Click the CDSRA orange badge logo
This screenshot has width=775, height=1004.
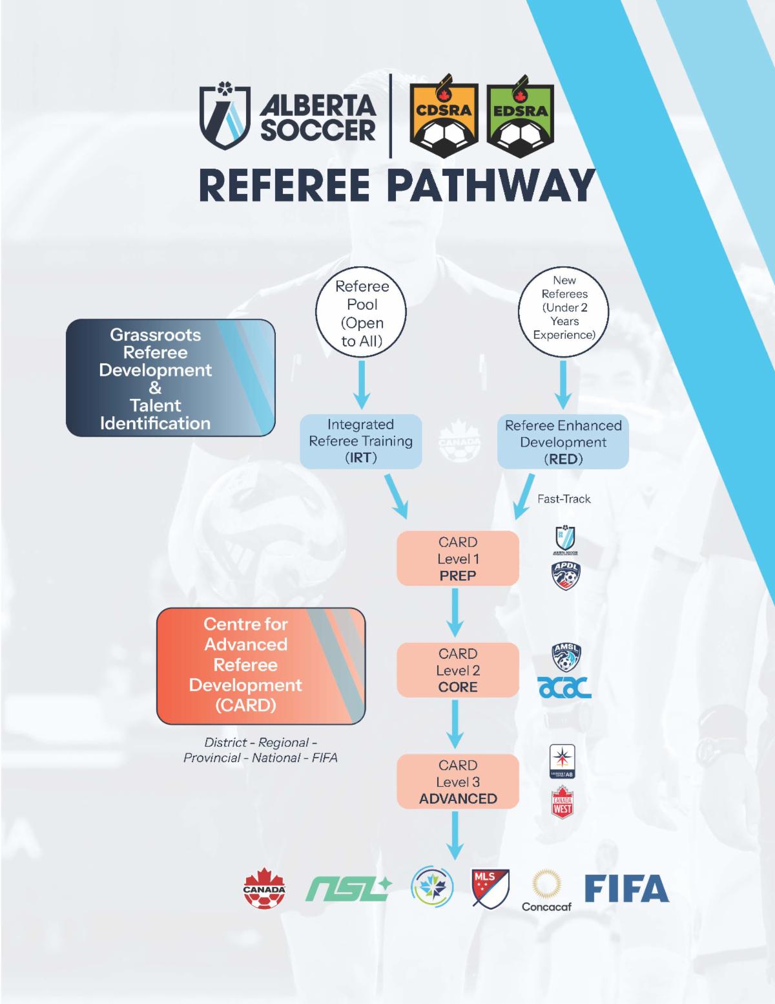(444, 114)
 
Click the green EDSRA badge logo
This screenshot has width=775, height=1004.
(520, 114)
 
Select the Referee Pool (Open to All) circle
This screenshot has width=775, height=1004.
(362, 314)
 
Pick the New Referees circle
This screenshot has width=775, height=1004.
(564, 308)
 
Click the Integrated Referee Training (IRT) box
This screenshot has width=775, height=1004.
(360, 442)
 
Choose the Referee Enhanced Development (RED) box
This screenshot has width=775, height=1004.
(563, 442)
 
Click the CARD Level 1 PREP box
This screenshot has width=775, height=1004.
(457, 559)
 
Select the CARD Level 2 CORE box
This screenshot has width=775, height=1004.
(457, 670)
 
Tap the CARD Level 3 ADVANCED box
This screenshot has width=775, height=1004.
(457, 782)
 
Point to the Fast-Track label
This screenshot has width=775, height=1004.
(564, 499)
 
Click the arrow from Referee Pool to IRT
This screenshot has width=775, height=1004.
(362, 385)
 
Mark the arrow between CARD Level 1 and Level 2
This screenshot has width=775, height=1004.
(457, 614)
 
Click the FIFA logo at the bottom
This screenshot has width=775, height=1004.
(626, 888)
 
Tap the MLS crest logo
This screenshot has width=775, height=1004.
(490, 889)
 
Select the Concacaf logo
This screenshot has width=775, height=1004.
(546, 891)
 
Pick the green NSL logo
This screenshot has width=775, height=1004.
(347, 889)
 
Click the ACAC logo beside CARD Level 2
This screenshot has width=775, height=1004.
(564, 688)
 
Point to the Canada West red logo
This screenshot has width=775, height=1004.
(563, 802)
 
